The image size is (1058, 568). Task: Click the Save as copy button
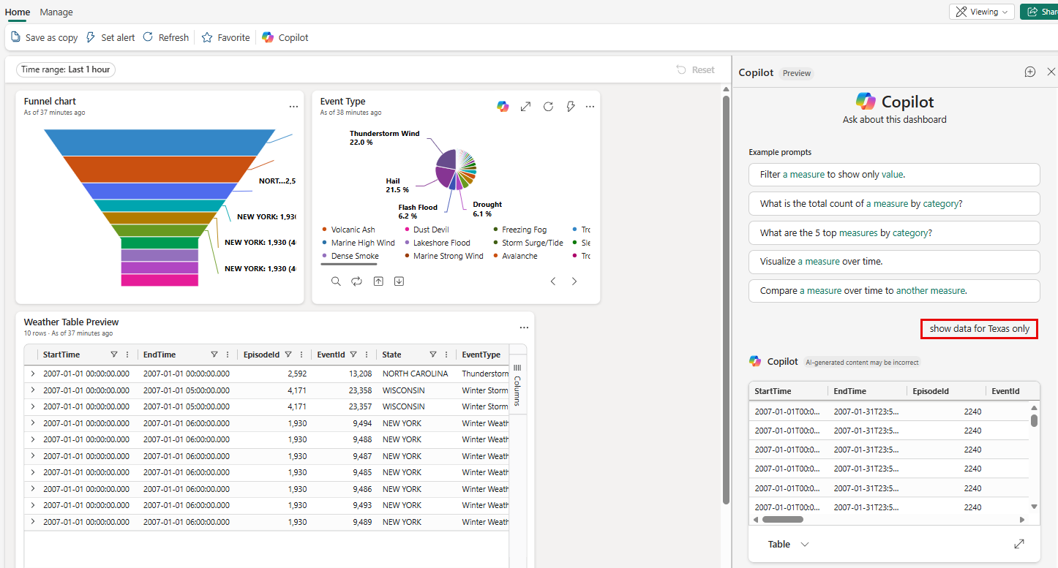pos(45,37)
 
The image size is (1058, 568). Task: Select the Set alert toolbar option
pos(110,37)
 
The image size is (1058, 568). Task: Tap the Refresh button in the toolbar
pos(166,37)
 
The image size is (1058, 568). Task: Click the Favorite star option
pos(226,37)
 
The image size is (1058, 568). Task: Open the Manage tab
pos(56,12)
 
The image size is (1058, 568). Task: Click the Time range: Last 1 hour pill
pos(66,69)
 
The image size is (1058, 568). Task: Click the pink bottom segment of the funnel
pos(160,280)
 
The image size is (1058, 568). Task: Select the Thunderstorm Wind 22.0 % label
pos(384,137)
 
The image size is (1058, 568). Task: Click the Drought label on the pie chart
pos(487,209)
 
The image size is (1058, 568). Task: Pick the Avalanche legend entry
pos(519,256)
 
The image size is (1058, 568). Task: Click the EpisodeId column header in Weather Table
pos(262,355)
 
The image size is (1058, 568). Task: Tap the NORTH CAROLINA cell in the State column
pos(415,374)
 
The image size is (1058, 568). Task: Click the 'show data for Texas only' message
pos(979,329)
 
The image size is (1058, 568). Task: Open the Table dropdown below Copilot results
pos(789,544)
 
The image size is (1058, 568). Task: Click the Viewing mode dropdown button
pos(982,12)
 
